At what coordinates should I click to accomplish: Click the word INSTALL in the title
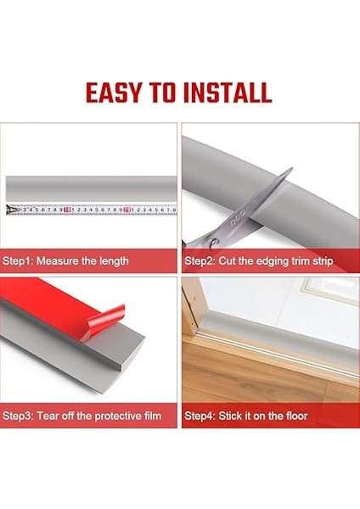point(228,92)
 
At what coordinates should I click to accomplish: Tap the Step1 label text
point(20,260)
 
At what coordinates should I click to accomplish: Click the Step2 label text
point(200,260)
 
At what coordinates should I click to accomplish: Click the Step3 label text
point(20,416)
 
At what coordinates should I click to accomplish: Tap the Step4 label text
point(200,416)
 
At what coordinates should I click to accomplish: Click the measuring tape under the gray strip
point(93,209)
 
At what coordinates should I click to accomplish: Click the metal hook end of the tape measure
point(9,210)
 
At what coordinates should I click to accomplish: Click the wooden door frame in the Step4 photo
point(197,331)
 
